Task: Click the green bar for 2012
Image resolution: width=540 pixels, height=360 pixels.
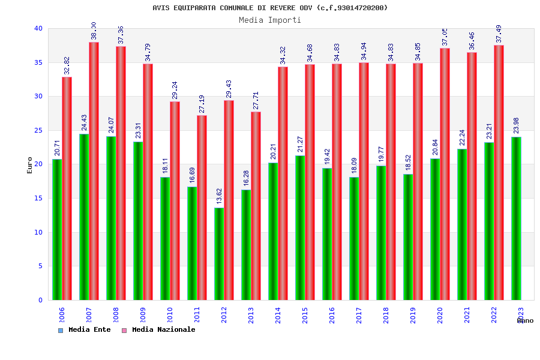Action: coord(219,254)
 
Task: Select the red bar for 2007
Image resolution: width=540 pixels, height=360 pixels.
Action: coord(94,171)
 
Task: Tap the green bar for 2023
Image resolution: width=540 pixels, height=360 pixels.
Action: coord(516,218)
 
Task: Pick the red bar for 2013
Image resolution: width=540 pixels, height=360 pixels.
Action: coord(256,206)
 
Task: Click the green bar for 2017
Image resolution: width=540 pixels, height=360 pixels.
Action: coord(354,238)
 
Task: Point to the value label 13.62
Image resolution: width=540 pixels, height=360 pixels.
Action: coord(220,196)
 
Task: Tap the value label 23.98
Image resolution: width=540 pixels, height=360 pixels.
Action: coord(517,125)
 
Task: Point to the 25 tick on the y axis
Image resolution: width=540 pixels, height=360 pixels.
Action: coord(38,130)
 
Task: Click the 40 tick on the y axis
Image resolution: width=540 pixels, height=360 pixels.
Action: coord(38,28)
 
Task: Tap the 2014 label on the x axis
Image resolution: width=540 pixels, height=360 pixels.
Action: coord(278,315)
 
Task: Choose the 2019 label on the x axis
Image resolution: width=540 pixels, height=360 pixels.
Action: coord(413,315)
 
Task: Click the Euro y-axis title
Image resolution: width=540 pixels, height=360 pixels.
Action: coord(30,165)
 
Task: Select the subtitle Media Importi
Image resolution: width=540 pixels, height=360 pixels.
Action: coord(270,20)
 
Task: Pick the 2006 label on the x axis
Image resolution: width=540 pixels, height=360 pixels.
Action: coord(62,315)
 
